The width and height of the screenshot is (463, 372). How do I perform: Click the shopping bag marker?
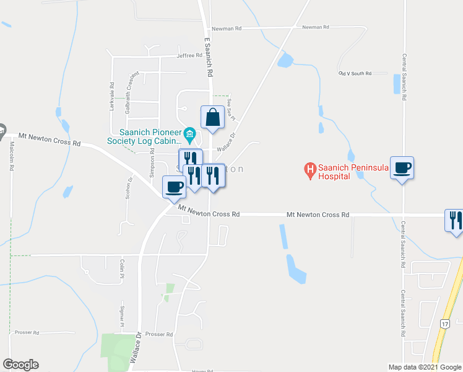[x=212, y=117]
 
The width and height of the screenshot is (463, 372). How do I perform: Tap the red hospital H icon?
[x=309, y=168]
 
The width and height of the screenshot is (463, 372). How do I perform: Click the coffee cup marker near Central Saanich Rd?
[x=402, y=167]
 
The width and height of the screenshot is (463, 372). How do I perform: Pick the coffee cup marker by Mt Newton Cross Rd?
[x=174, y=186]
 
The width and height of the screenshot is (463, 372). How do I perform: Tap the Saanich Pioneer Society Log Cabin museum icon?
[x=190, y=133]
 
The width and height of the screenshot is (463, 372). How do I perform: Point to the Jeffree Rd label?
[x=189, y=55]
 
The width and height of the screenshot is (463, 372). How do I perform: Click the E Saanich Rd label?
[x=209, y=56]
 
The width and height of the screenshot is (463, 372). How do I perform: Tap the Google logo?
[x=20, y=365]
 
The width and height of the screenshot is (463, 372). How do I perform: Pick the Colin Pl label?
[x=123, y=268]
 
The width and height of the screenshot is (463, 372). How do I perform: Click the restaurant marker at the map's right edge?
[x=454, y=220]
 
